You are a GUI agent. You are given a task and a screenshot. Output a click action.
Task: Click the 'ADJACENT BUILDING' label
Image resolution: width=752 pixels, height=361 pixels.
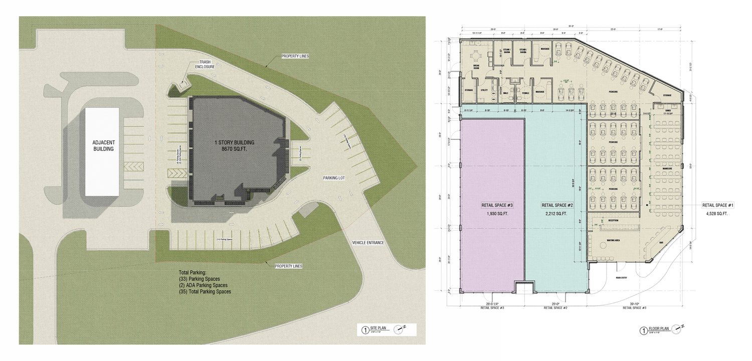pyautogui.click(x=102, y=145)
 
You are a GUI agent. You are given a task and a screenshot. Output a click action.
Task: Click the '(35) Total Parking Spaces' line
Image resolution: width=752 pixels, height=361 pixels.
pyautogui.click(x=205, y=291)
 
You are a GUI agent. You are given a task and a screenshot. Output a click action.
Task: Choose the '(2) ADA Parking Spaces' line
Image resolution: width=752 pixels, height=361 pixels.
pyautogui.click(x=203, y=285)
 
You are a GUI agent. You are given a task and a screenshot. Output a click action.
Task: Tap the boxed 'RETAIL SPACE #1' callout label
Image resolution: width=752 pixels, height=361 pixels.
pyautogui.click(x=718, y=205)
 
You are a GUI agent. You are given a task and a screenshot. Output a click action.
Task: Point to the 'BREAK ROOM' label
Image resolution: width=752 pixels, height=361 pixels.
pyautogui.click(x=477, y=68)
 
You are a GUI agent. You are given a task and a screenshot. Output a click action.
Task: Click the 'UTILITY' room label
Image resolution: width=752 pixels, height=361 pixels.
pyautogui.click(x=484, y=91)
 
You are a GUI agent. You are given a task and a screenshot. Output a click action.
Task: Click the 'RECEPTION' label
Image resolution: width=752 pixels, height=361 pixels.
pyautogui.click(x=612, y=220)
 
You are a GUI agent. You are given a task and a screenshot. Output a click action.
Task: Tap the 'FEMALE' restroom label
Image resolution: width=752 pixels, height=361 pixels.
pyautogui.click(x=526, y=92)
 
